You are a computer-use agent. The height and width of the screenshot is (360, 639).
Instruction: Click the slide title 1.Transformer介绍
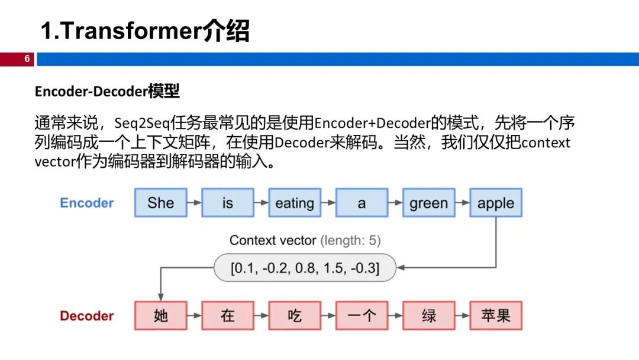[144, 31]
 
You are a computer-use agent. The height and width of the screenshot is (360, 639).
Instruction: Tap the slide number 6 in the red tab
[27, 59]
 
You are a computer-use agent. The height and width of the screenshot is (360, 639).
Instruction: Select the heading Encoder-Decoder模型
[106, 91]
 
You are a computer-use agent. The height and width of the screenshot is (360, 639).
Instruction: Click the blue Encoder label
[86, 203]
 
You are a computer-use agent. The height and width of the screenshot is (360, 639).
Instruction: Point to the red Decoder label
[86, 316]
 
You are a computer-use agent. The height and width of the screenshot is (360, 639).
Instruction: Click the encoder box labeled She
[160, 203]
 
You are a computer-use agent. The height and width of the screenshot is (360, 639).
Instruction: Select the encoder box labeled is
[228, 203]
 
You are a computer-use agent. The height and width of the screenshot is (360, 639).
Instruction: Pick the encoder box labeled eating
[295, 203]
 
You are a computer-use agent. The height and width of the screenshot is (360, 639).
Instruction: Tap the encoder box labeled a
[362, 203]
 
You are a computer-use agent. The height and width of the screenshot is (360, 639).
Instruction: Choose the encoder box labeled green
[428, 203]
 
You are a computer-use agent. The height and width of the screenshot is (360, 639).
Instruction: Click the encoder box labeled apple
[496, 203]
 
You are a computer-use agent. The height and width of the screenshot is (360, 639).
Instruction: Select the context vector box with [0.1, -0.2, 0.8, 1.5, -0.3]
[305, 268]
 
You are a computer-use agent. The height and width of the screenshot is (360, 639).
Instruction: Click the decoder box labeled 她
[160, 316]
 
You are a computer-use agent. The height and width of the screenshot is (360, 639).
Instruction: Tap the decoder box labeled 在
[228, 316]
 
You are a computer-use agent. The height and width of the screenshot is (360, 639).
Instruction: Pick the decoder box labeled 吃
[295, 316]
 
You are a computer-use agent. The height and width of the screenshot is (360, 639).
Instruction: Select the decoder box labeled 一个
[362, 316]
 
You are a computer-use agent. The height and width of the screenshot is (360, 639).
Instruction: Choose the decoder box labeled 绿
[428, 316]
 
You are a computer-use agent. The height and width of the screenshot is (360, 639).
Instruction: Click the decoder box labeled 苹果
[496, 316]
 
